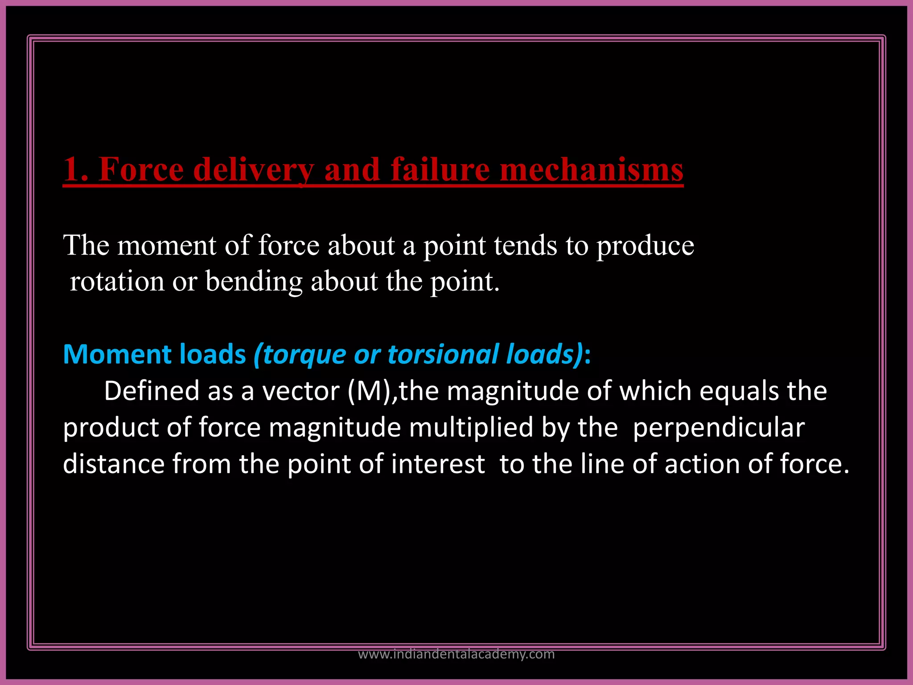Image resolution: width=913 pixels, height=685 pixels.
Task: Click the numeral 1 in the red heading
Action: [71, 169]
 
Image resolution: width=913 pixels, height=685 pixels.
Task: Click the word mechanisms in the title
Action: [591, 169]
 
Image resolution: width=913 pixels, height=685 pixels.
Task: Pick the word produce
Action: [645, 245]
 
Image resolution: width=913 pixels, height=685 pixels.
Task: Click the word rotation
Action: [117, 282]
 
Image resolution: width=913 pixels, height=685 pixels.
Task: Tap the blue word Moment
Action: [116, 355]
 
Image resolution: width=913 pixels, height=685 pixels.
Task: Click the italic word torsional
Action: [443, 355]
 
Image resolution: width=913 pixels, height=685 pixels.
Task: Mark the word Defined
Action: [152, 391]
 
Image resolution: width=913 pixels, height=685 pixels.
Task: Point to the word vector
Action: [301, 391]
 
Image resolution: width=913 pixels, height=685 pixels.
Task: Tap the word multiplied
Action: [471, 428]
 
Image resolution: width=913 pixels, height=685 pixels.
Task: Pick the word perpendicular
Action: [719, 428]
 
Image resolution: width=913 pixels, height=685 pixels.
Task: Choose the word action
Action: [702, 464]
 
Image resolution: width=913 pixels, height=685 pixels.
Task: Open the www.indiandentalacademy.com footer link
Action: [456, 654]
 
